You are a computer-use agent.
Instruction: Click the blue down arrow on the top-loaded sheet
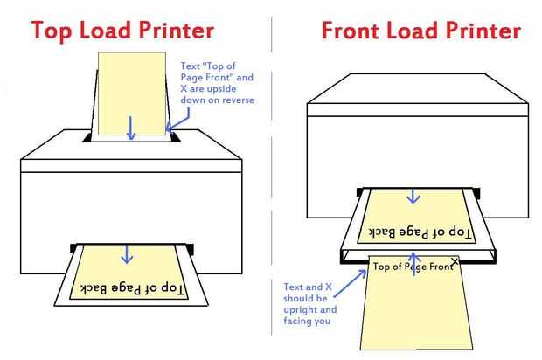click(131, 128)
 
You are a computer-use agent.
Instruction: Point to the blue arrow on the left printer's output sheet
click(128, 253)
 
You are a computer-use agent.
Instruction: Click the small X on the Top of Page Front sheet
click(455, 261)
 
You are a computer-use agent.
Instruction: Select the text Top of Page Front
click(412, 267)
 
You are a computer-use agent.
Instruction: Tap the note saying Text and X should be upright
click(310, 304)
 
